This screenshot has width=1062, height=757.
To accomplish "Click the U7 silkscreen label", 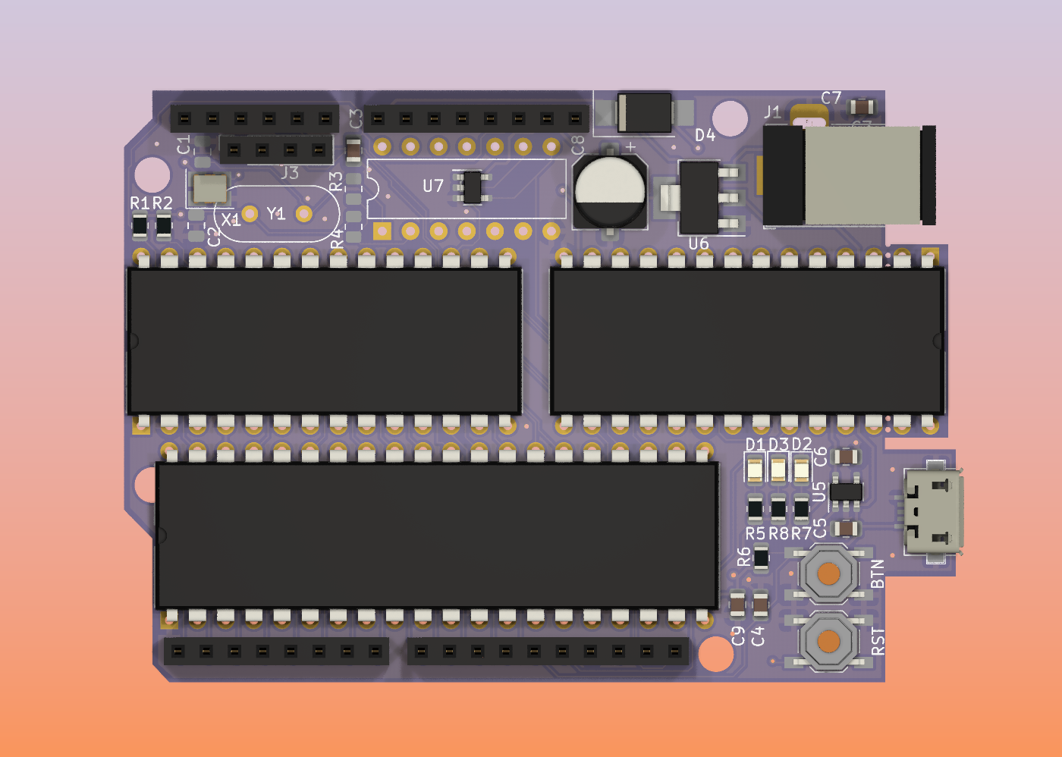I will pyautogui.click(x=433, y=186).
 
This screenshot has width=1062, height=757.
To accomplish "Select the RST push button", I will pyautogui.click(x=829, y=642).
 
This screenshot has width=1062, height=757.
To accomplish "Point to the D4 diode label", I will pyautogui.click(x=705, y=135).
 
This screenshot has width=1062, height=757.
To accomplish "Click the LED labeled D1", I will pyautogui.click(x=755, y=470).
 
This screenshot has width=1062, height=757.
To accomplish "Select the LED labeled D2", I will pyautogui.click(x=802, y=470).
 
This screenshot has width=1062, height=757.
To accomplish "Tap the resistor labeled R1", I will pyautogui.click(x=140, y=225).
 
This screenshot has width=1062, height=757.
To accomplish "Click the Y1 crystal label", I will pyautogui.click(x=276, y=215).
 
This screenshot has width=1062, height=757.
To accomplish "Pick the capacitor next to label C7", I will pyautogui.click(x=862, y=106).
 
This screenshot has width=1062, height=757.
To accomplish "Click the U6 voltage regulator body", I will pyautogui.click(x=699, y=197).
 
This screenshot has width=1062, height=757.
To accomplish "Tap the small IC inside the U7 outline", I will pyautogui.click(x=472, y=187).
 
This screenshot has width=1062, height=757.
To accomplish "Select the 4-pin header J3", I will pyautogui.click(x=276, y=150).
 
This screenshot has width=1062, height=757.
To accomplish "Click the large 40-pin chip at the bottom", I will pyautogui.click(x=436, y=536).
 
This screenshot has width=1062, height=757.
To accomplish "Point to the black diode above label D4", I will pyautogui.click(x=644, y=112).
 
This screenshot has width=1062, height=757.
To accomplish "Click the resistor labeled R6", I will pyautogui.click(x=762, y=558).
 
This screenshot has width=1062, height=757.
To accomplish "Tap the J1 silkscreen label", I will pyautogui.click(x=772, y=113).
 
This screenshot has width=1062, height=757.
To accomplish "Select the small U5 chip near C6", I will pyautogui.click(x=846, y=492).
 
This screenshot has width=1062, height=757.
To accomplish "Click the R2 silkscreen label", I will pyautogui.click(x=163, y=203).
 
